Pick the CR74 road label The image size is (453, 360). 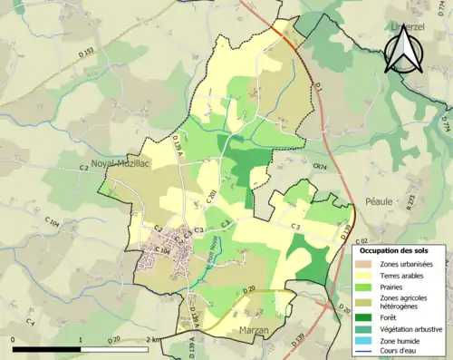[x=319, y=167]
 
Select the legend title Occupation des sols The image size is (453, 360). [x=395, y=249]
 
